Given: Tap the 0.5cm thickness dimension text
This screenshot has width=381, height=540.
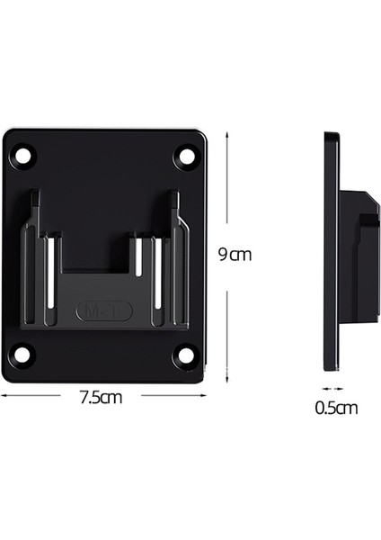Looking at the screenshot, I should tap(336, 407).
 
